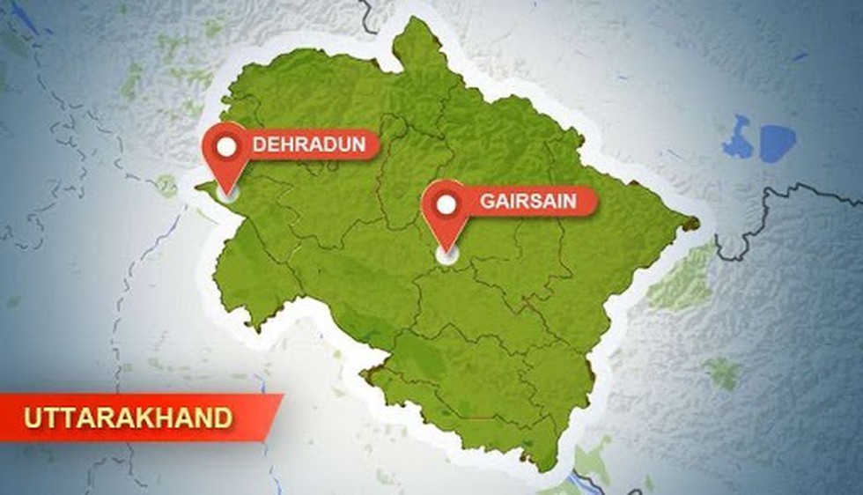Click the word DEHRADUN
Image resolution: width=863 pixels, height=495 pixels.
(x=308, y=144)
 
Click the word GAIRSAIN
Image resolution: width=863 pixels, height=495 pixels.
(x=527, y=202)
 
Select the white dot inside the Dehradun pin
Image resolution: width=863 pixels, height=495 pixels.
(x=227, y=146)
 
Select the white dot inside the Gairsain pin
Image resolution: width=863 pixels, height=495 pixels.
(x=446, y=204)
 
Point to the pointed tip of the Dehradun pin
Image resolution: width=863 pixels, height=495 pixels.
(x=228, y=193)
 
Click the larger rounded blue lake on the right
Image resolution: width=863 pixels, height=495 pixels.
(x=778, y=143)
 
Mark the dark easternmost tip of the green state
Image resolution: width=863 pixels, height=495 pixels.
(x=695, y=224)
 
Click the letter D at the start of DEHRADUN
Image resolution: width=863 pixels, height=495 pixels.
(x=259, y=144)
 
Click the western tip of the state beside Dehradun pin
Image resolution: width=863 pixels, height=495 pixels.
(x=200, y=186)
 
